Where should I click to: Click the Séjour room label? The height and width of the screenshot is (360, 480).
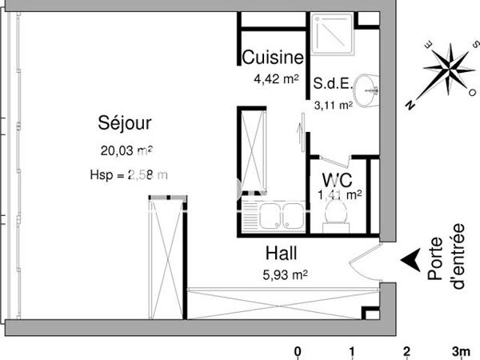125,123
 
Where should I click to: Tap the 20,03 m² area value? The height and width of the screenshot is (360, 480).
126,150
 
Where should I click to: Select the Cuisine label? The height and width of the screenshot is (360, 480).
273,58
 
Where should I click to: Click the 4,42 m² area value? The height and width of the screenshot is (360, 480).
276,78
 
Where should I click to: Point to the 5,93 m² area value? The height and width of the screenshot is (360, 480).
286,275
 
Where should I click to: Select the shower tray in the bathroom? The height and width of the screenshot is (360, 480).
334,36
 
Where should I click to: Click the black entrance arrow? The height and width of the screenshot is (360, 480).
410,259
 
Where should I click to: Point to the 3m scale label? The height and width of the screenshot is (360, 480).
460,351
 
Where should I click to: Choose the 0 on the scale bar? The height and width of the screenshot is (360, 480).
298,351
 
